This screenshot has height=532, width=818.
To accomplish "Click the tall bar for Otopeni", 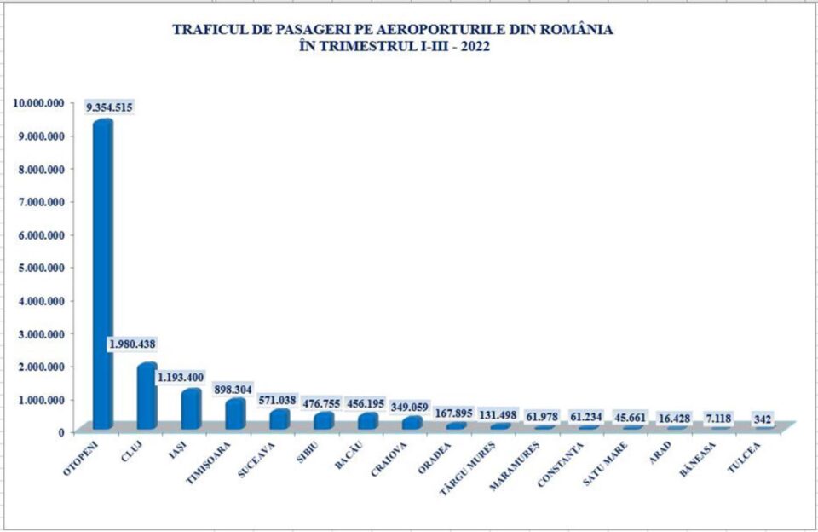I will tap(102, 273).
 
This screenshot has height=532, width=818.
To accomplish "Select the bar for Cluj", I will tap(147, 396).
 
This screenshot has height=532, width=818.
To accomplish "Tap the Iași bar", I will tap(191, 409).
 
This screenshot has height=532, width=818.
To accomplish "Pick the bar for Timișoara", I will tap(235, 414).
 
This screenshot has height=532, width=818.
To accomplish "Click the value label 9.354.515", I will tap(108, 107).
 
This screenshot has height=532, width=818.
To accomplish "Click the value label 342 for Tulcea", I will tap(764, 419).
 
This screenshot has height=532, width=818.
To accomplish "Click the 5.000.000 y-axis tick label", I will tap(41, 268).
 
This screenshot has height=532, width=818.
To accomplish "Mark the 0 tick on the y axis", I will tap(60, 431).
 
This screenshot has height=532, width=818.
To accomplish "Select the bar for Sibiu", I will tap(324, 420).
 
